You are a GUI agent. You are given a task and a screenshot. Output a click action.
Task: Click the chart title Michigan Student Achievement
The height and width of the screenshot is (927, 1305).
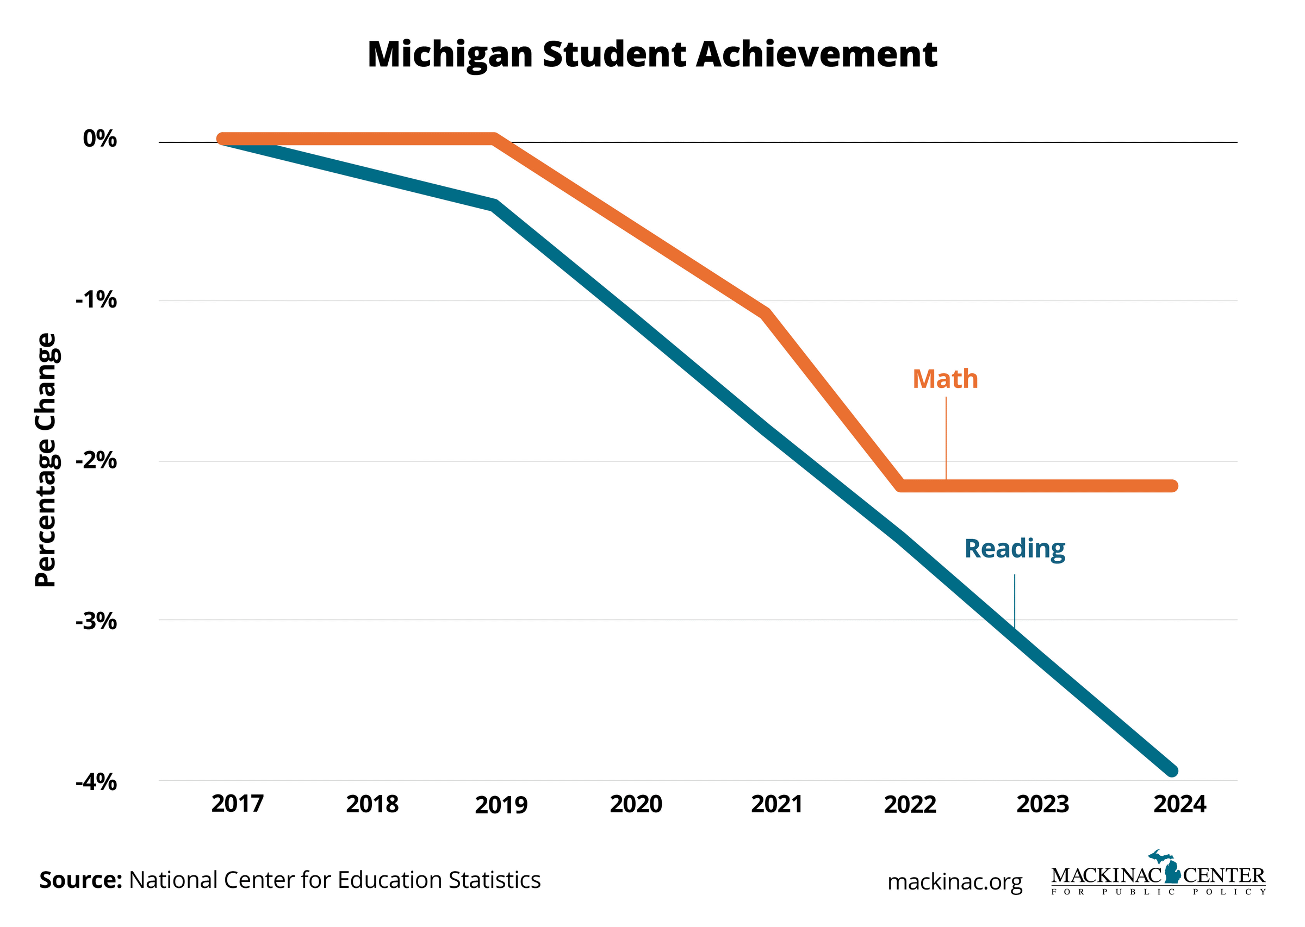click(651, 55)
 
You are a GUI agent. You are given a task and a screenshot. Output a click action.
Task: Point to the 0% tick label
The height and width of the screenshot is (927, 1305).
click(100, 139)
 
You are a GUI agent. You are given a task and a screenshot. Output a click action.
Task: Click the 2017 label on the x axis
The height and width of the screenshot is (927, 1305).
click(237, 804)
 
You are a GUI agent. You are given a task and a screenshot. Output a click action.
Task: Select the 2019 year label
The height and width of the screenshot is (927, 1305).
click(501, 805)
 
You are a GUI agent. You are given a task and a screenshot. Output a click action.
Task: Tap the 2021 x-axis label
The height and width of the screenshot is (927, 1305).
click(776, 804)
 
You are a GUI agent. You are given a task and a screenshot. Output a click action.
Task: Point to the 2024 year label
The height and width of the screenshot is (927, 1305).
click(1179, 804)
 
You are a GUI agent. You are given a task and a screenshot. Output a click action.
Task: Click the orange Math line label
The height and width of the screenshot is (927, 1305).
click(944, 380)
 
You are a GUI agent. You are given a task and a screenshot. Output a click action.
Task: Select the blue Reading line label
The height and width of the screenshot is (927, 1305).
click(1014, 549)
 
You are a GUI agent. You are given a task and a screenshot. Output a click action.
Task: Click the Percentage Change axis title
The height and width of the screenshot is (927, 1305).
click(46, 460)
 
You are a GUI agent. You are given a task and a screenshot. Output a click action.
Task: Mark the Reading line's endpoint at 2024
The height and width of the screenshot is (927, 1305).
click(1171, 771)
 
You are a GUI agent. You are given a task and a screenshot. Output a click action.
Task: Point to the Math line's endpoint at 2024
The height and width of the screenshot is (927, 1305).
click(1171, 486)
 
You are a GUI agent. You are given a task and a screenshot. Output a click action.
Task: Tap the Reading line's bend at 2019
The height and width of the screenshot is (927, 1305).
click(494, 205)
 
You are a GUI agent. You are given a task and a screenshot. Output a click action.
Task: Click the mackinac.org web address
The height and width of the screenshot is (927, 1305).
click(954, 882)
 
